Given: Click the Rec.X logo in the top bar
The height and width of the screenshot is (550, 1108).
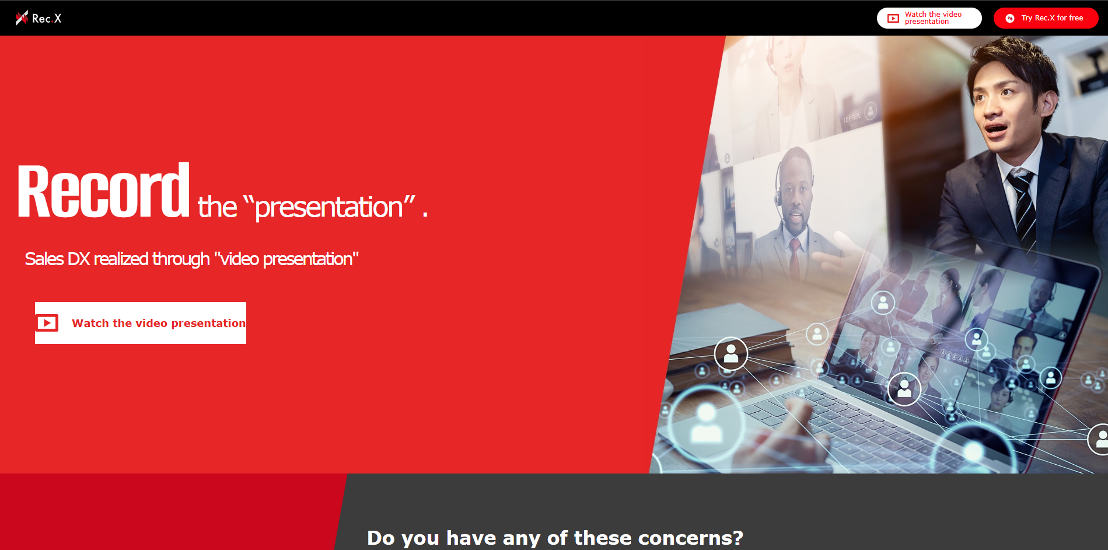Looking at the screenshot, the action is [39, 18].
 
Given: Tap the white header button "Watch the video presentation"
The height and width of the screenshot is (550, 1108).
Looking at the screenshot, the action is [929, 18].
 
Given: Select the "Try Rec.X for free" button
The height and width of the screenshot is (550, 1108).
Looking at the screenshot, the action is [1046, 18].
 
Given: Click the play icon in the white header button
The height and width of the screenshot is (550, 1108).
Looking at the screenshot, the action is [893, 19].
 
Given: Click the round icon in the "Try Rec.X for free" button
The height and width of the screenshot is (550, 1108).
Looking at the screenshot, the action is [1010, 19].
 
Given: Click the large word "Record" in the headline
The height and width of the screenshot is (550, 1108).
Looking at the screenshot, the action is [103, 190].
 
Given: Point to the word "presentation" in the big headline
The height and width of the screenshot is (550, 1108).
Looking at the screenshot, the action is [329, 207].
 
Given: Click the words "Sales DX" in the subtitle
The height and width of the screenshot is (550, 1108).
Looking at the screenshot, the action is [57, 259].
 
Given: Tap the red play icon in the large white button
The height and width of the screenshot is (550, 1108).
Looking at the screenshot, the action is [47, 323].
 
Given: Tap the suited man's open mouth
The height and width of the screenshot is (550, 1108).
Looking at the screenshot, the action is [996, 128].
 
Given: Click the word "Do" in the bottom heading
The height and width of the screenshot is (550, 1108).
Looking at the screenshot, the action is [381, 538].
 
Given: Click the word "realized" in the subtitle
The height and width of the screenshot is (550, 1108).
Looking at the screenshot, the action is [121, 259].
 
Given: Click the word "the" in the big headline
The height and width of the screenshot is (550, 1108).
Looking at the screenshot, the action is [218, 207].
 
